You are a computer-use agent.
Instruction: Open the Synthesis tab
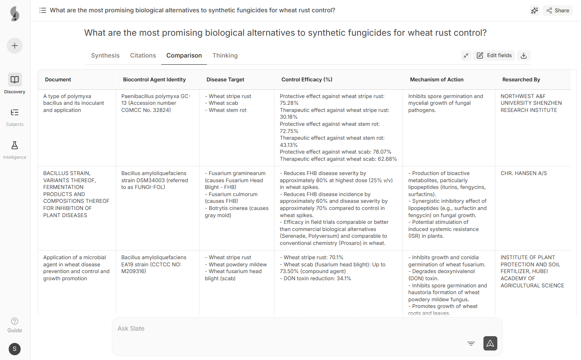[x=105, y=56]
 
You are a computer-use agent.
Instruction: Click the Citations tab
[x=143, y=56]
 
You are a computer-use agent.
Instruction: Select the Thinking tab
[x=225, y=56]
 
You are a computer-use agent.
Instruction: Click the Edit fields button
[x=494, y=56]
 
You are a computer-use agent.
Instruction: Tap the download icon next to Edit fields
[x=523, y=56]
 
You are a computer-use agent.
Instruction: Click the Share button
[x=558, y=11]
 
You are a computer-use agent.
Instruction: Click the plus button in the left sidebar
[x=15, y=46]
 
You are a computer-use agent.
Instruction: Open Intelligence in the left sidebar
[x=15, y=150]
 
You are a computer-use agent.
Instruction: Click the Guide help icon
[x=15, y=321]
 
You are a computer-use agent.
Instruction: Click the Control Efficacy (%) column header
[x=307, y=80]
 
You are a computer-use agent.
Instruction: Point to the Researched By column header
[x=521, y=80]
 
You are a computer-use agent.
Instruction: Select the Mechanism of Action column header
[x=437, y=80]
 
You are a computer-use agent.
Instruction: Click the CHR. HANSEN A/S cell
[x=523, y=173]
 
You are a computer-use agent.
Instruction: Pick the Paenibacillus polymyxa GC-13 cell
[x=156, y=103]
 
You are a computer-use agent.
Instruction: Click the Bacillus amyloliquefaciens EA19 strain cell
[x=153, y=264]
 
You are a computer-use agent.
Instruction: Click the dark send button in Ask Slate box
[x=490, y=343]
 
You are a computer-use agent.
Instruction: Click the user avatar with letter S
[x=15, y=349]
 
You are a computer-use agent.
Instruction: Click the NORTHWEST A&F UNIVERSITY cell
[x=531, y=103]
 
